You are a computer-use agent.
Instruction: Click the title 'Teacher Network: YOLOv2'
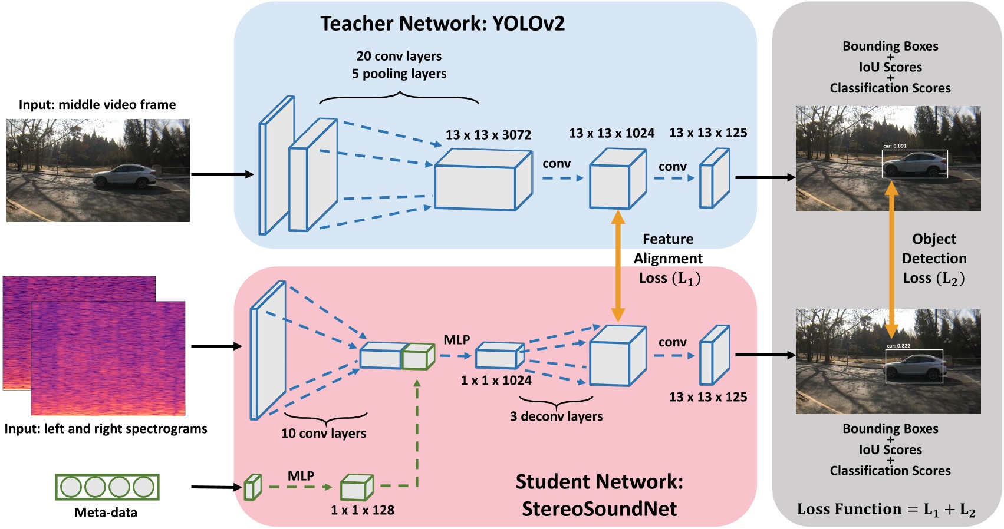442,24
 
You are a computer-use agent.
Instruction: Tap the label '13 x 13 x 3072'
488,135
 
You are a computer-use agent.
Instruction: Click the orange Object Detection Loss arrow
891,259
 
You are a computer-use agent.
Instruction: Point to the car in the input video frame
125,176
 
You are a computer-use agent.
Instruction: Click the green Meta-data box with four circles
107,487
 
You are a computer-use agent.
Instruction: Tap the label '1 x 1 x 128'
362,510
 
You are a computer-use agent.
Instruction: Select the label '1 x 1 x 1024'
496,381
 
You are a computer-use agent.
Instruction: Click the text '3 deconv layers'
556,416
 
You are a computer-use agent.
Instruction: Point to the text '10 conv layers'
323,434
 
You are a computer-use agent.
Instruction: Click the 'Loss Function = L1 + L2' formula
886,510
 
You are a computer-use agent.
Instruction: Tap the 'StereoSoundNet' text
599,509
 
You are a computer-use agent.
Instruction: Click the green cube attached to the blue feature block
418,357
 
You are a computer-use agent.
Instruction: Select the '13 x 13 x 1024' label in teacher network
611,133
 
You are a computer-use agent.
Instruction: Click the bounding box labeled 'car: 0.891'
914,164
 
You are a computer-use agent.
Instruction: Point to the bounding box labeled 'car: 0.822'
914,366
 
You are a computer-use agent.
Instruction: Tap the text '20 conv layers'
399,57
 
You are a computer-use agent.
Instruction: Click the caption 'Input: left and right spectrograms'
106,429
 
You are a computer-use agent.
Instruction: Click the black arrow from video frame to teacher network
222,174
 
